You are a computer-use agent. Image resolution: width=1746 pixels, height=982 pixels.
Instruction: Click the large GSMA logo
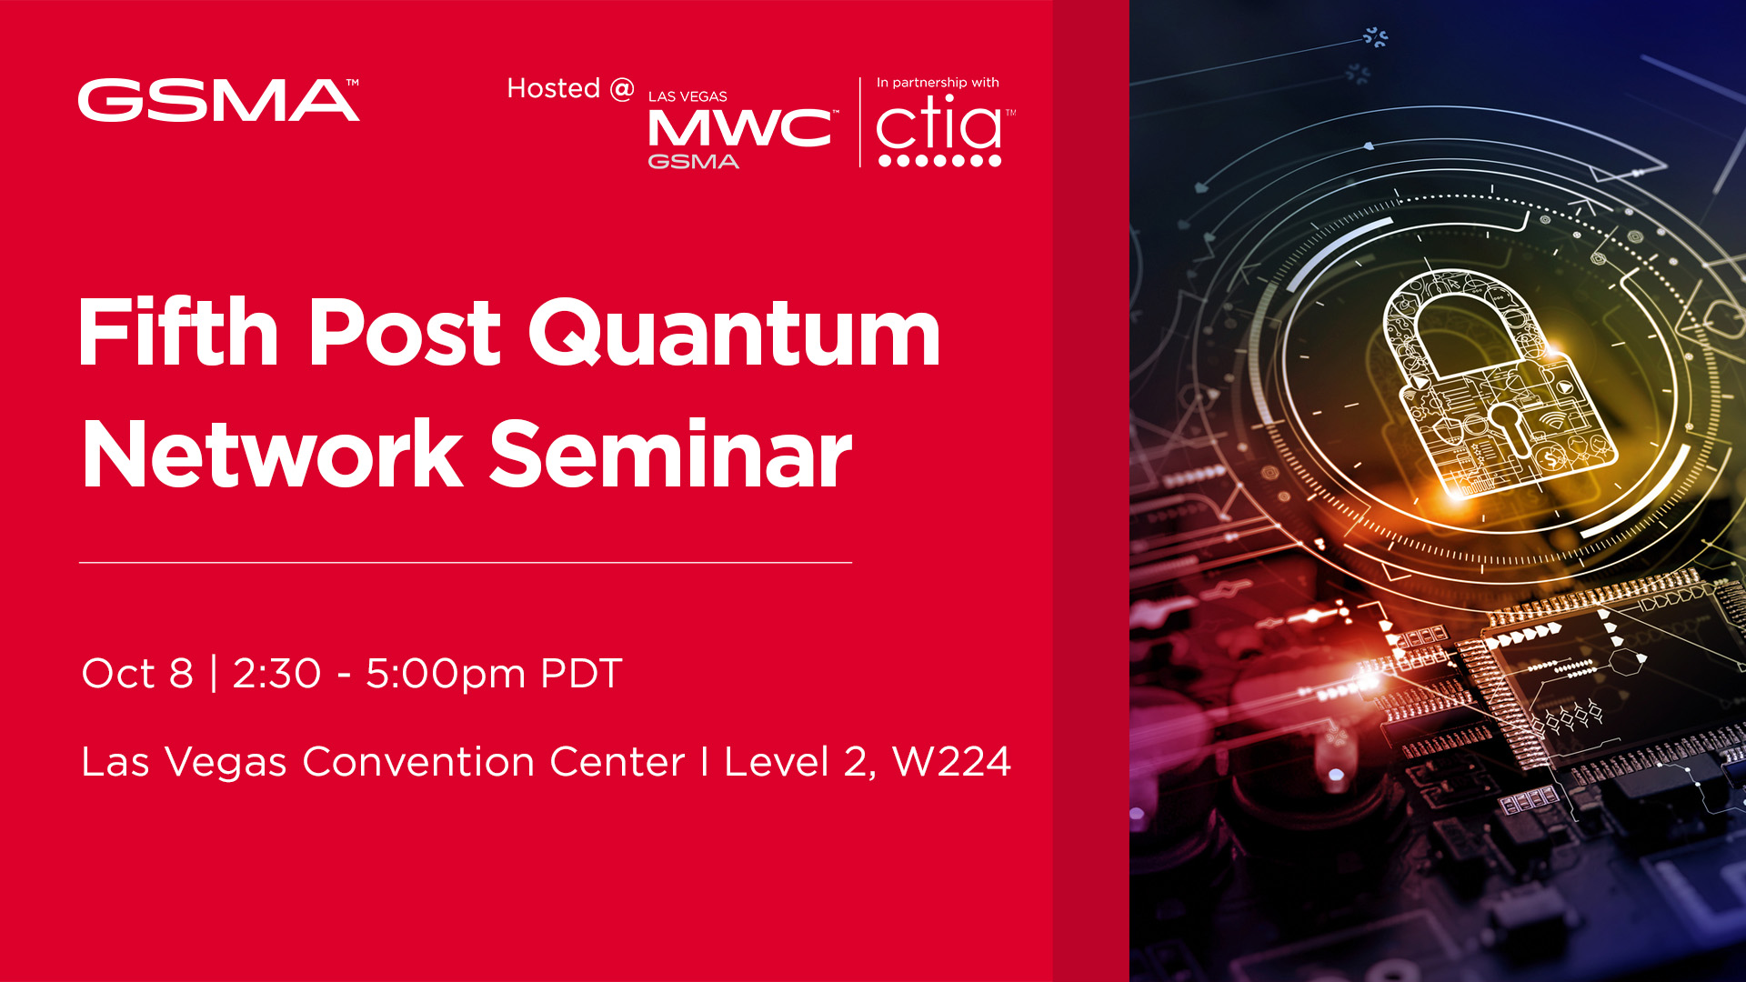click(218, 100)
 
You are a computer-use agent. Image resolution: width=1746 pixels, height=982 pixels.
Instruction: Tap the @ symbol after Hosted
click(622, 88)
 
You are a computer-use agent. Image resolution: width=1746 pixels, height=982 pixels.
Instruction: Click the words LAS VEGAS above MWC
click(687, 96)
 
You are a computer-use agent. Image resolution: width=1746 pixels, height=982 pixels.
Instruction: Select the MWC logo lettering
click(739, 128)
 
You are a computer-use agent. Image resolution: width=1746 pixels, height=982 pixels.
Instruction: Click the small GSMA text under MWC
click(693, 162)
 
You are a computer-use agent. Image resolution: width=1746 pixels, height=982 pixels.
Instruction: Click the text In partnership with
click(938, 83)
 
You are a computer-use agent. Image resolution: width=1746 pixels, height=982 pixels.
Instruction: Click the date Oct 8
click(137, 674)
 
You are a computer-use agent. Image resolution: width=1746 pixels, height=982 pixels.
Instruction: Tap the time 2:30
click(276, 674)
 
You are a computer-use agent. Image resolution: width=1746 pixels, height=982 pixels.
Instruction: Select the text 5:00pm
click(446, 674)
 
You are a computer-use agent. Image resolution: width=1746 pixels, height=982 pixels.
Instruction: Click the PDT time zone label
click(581, 674)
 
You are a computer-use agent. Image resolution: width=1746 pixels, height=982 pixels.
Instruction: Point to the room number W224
click(951, 762)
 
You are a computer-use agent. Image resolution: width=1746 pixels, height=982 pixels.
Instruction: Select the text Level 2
click(798, 762)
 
